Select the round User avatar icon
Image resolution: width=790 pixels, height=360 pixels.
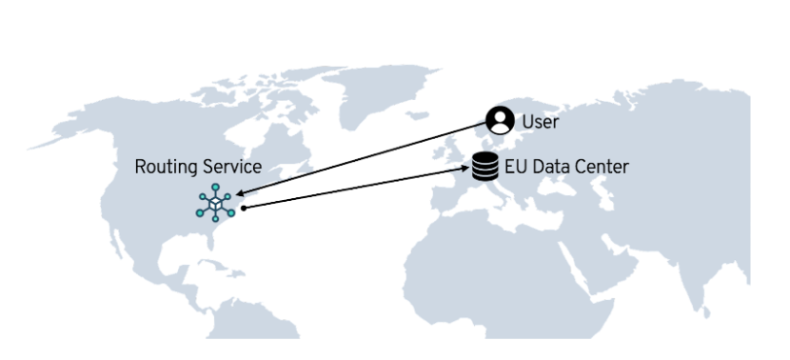500,120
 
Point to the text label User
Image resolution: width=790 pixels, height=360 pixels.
540,122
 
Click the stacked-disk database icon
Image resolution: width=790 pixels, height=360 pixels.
485,168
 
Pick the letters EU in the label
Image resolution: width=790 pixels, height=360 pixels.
515,168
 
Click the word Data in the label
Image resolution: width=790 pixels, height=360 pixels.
549,168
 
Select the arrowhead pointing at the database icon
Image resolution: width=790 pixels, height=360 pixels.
468,170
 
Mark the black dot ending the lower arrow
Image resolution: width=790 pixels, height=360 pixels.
244,207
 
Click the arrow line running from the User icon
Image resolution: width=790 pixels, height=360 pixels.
362,159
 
